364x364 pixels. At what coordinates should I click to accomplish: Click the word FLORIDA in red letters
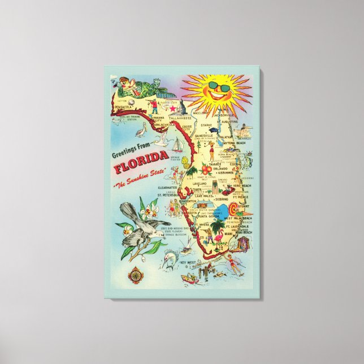tap(140, 170)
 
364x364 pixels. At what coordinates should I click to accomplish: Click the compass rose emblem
tap(135, 276)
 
